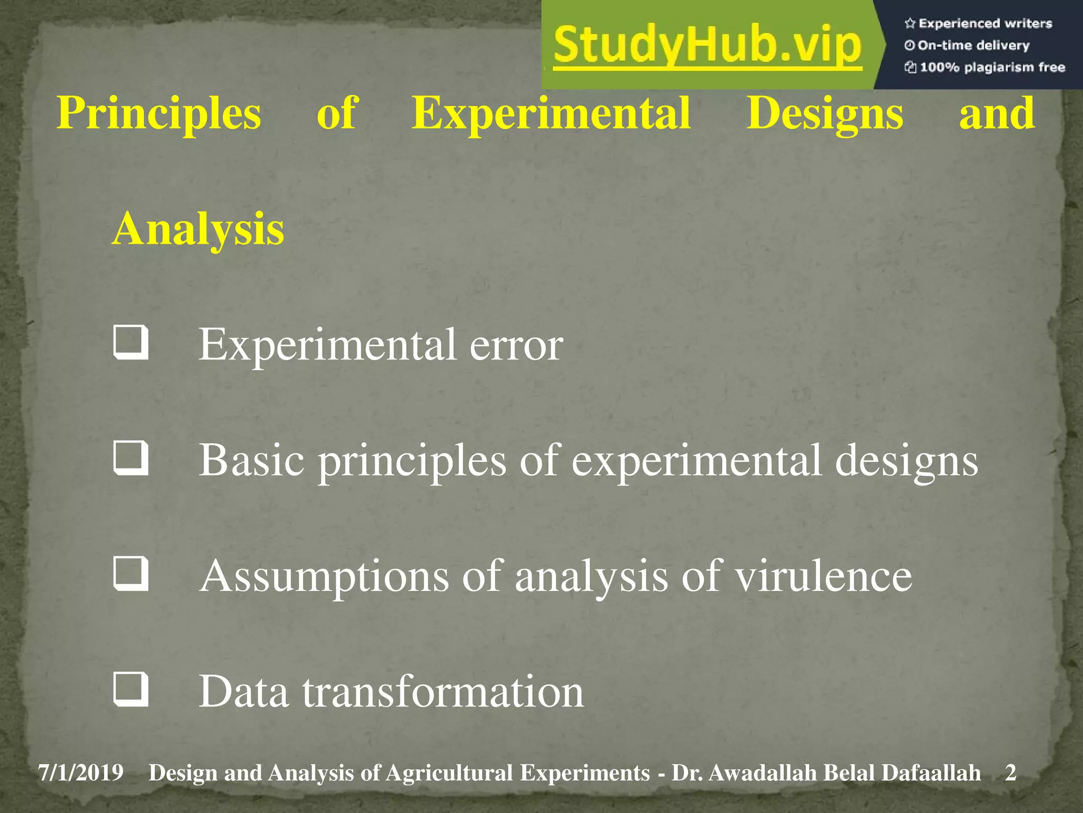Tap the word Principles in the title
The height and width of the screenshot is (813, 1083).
[159, 114]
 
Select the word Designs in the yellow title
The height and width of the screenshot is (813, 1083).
[824, 114]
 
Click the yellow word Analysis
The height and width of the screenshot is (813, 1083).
[198, 229]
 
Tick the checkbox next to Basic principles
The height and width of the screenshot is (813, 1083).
[130, 458]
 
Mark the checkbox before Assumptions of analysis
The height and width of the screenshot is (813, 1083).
[130, 574]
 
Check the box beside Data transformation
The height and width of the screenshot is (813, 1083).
[130, 689]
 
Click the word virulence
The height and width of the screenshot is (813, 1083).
[824, 576]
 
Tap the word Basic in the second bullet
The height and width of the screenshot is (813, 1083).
[252, 460]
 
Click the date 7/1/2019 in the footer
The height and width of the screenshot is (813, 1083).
[81, 773]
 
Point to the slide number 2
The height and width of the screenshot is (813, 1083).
[1011, 773]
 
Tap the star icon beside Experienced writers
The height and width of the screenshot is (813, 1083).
[910, 23]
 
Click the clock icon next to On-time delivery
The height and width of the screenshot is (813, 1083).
[910, 46]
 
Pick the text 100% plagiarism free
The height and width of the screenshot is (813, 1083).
[992, 67]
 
